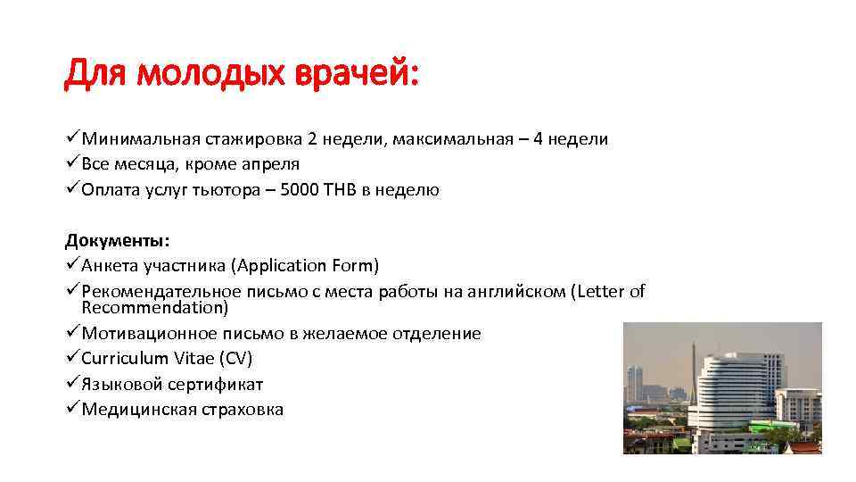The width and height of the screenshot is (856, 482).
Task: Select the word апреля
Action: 272,164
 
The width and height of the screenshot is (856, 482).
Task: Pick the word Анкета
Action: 109,266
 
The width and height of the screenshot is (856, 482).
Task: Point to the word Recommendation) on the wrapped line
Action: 155,308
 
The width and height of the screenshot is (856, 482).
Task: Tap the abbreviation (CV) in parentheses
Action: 235,359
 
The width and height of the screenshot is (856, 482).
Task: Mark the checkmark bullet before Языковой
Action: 72,384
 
